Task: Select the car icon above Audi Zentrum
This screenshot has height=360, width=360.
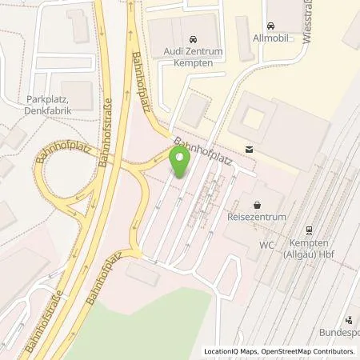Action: point(192,39)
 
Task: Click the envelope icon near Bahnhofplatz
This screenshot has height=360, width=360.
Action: point(249,149)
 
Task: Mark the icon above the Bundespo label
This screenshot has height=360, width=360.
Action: point(347,318)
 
